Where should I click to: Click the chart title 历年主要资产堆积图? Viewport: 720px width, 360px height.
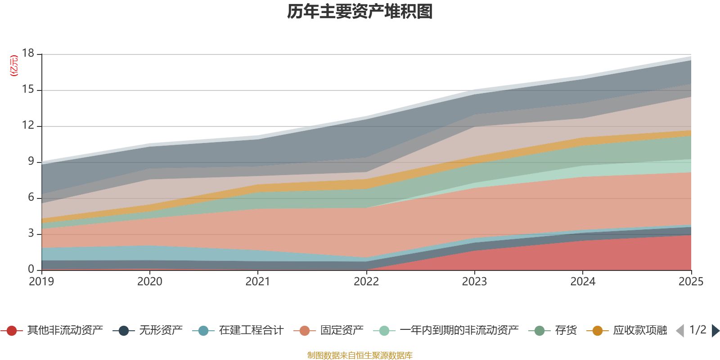click(360, 12)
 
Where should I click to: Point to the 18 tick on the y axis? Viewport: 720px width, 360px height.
click(28, 53)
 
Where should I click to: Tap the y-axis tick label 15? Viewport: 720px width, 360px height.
click(28, 90)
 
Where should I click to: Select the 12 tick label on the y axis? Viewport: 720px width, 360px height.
click(28, 125)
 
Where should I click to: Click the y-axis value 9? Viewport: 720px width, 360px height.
click(31, 161)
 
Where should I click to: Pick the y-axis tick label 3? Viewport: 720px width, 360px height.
click(31, 233)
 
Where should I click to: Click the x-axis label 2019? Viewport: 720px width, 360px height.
click(41, 282)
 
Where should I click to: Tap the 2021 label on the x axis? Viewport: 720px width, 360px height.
click(258, 282)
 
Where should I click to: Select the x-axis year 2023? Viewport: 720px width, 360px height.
click(474, 282)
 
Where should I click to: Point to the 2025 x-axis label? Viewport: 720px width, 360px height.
click(690, 282)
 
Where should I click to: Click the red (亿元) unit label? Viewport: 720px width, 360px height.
click(14, 66)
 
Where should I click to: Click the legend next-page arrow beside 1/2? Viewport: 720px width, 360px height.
click(715, 331)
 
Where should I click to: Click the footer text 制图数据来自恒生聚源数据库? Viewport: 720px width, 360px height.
click(360, 355)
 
